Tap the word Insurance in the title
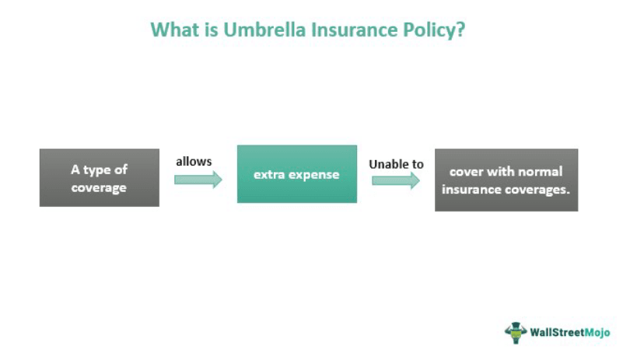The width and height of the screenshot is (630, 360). (x=345, y=30)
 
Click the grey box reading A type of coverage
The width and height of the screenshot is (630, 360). (x=100, y=178)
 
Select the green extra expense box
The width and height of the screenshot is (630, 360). (x=296, y=174)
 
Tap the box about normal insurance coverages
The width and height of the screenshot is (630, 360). (x=506, y=180)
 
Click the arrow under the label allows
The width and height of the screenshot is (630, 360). (x=198, y=180)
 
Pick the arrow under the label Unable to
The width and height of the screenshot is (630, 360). (x=395, y=180)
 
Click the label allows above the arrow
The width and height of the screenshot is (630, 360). (x=194, y=162)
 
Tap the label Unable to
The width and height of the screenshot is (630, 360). (x=396, y=164)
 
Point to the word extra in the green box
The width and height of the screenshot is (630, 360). (x=269, y=174)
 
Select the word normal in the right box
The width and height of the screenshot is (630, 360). (x=537, y=171)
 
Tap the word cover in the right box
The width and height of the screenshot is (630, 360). (x=466, y=171)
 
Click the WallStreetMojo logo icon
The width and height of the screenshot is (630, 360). (x=516, y=331)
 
